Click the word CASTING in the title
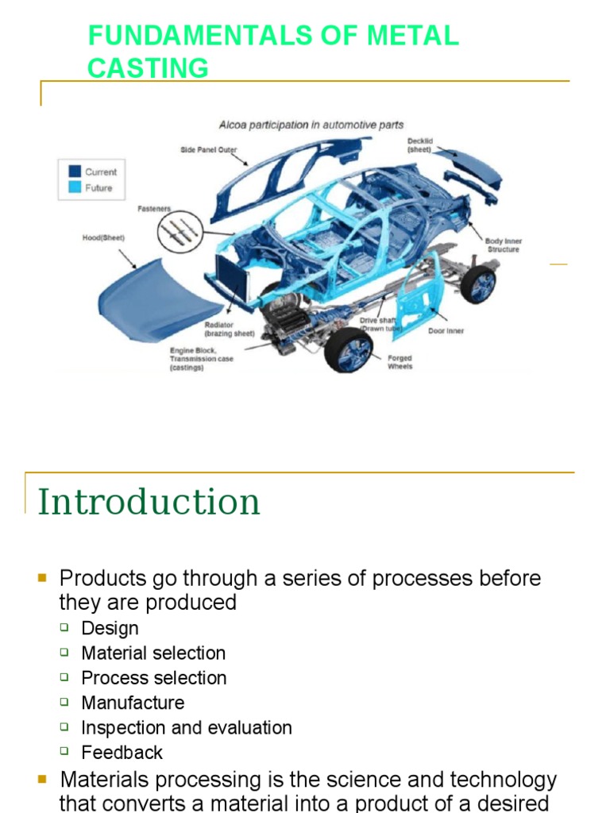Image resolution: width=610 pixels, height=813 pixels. (x=148, y=68)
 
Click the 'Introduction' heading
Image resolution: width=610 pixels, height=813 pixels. (x=149, y=502)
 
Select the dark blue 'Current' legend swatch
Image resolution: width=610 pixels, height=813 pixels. (x=75, y=171)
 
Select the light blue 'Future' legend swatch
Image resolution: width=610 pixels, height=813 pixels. (x=75, y=188)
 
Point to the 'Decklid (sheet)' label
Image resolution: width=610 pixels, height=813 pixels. (x=420, y=145)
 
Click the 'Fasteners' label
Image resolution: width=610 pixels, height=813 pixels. (x=154, y=209)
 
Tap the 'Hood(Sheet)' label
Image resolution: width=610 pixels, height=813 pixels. (x=104, y=237)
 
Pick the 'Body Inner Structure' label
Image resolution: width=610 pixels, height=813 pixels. (x=504, y=245)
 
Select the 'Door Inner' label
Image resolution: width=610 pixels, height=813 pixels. (x=446, y=331)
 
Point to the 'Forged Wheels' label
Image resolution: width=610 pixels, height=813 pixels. (x=400, y=363)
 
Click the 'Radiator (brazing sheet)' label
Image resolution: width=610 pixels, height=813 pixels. (x=230, y=329)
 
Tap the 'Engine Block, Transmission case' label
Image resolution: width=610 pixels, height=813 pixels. (x=202, y=359)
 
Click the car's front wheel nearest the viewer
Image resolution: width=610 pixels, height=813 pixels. (x=349, y=349)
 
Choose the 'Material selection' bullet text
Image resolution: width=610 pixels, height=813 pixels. (x=153, y=653)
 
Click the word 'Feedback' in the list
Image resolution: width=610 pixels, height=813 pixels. (x=122, y=752)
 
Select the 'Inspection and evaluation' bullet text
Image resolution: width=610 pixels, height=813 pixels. (x=187, y=727)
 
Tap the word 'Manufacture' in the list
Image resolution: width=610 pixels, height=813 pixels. (x=133, y=703)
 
